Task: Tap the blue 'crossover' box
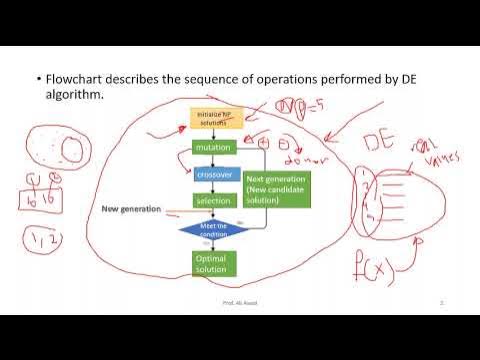tap(213, 174)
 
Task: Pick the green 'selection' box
tap(213, 201)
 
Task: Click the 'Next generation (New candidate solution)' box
tap(277, 188)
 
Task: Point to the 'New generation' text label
tap(132, 209)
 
